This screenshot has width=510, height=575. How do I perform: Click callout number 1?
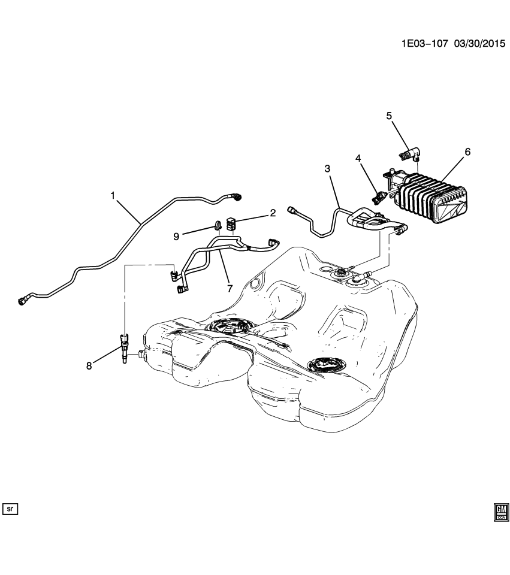(x=112, y=195)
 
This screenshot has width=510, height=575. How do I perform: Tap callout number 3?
(x=328, y=170)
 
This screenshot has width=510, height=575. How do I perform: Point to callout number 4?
(x=358, y=158)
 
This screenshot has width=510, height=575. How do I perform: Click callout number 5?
(x=388, y=116)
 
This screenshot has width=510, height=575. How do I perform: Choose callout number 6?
(x=467, y=152)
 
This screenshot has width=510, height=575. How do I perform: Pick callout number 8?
(x=89, y=366)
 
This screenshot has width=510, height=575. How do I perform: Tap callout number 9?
(x=177, y=236)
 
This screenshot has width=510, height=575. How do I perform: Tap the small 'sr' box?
(x=11, y=509)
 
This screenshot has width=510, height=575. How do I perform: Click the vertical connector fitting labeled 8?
(x=124, y=348)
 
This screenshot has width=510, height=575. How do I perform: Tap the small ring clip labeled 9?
(x=215, y=226)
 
